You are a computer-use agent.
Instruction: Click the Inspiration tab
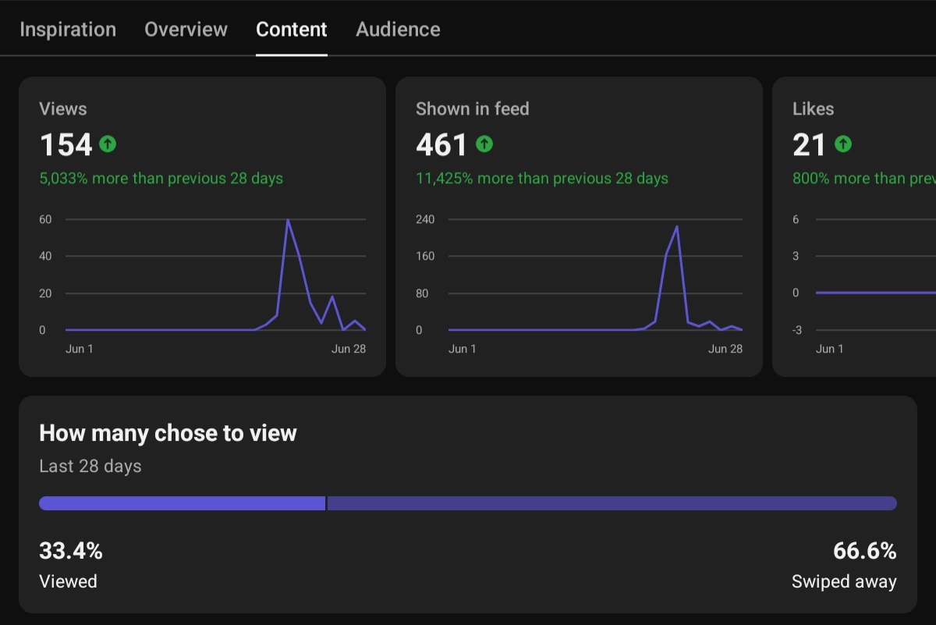pyautogui.click(x=68, y=30)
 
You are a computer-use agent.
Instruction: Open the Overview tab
pyautogui.click(x=186, y=30)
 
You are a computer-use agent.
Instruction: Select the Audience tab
pyautogui.click(x=398, y=30)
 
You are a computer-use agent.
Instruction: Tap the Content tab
pyautogui.click(x=291, y=30)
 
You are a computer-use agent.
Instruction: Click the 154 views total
pyautogui.click(x=66, y=144)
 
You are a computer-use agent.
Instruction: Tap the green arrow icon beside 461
pyautogui.click(x=484, y=144)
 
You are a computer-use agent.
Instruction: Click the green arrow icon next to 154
pyautogui.click(x=108, y=144)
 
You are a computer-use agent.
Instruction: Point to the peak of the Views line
pyautogui.click(x=288, y=220)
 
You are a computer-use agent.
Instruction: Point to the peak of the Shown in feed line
pyautogui.click(x=677, y=226)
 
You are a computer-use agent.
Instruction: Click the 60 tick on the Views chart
pyautogui.click(x=45, y=219)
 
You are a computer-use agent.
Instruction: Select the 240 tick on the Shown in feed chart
pyautogui.click(x=425, y=219)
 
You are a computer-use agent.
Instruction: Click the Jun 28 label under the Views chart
pyautogui.click(x=349, y=349)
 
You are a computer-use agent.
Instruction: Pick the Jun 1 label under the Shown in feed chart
pyautogui.click(x=462, y=349)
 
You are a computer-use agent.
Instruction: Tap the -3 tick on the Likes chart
pyautogui.click(x=797, y=330)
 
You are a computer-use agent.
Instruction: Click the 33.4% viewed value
pyautogui.click(x=71, y=551)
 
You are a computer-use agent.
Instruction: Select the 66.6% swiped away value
pyautogui.click(x=865, y=551)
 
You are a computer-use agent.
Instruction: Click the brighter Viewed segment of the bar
pyautogui.click(x=183, y=503)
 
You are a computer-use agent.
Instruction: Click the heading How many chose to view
pyautogui.click(x=168, y=433)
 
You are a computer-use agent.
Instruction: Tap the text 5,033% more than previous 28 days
pyautogui.click(x=161, y=179)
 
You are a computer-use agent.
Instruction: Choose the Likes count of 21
pyautogui.click(x=809, y=144)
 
